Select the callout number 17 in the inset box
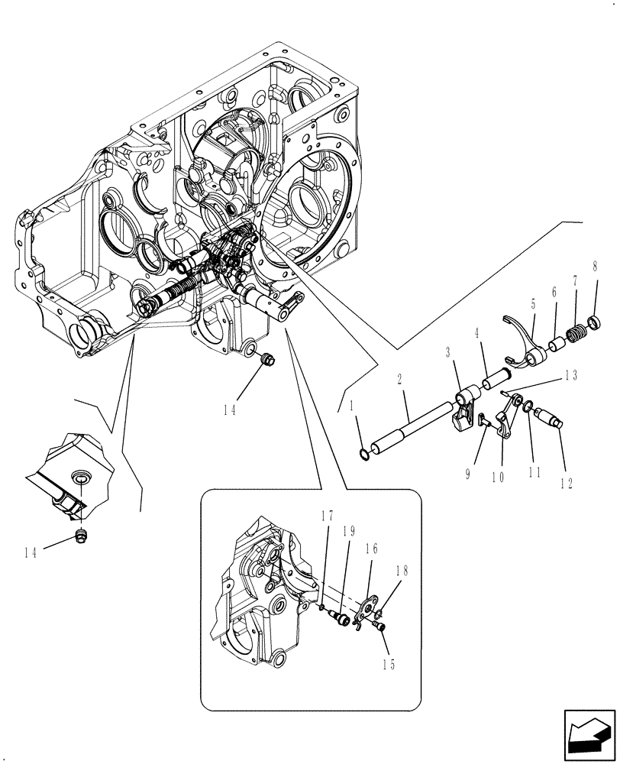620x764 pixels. [x=326, y=516]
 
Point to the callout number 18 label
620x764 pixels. [x=402, y=571]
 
